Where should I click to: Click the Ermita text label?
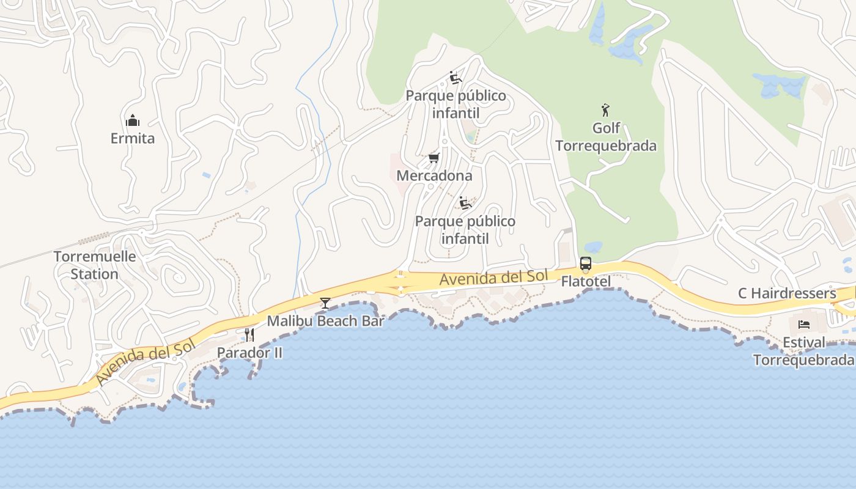(133, 139)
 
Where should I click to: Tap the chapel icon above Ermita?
(133, 120)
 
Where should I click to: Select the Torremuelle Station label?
(95, 265)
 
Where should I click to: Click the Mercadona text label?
(434, 176)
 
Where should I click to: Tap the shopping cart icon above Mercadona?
(434, 158)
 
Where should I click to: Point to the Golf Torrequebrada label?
(606, 137)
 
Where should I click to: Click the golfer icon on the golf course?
(605, 111)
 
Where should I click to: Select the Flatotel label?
(586, 282)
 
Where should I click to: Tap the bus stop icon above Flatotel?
(585, 264)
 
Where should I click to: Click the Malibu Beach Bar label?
(325, 321)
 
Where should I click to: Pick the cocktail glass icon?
(325, 303)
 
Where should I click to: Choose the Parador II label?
(249, 353)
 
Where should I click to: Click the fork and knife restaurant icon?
(249, 334)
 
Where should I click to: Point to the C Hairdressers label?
(787, 293)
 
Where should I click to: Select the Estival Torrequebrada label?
(804, 351)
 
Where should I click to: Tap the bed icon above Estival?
(804, 324)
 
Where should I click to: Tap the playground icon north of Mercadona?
(455, 78)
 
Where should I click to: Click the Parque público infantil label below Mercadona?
(465, 230)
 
